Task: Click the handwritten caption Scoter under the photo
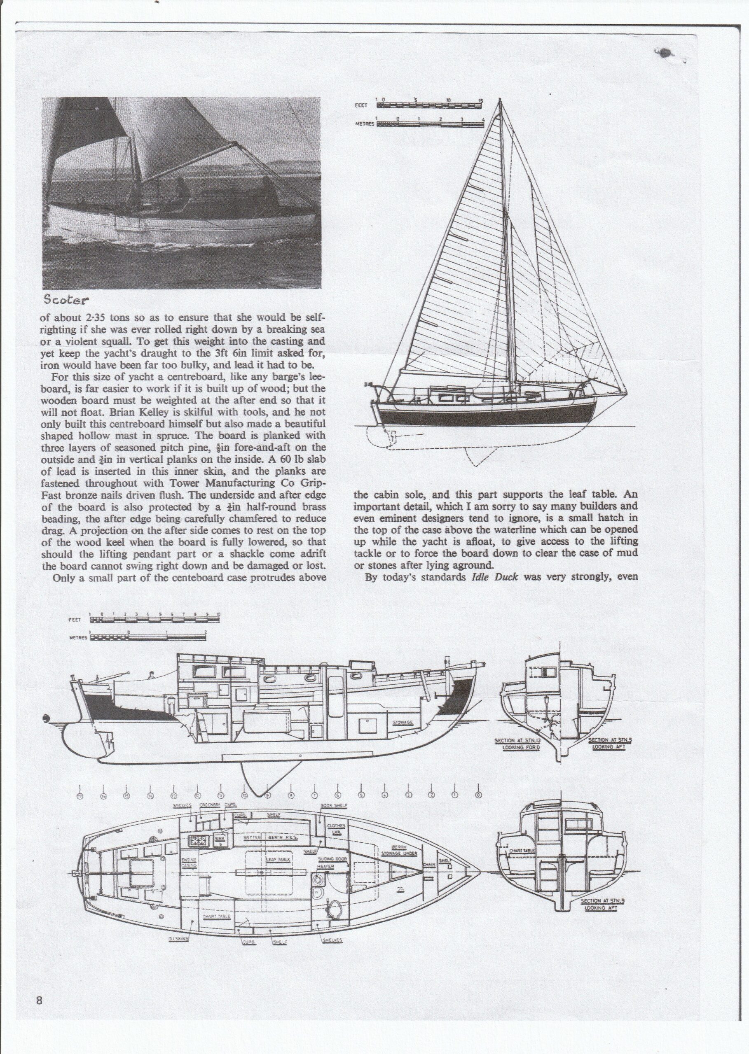point(66,300)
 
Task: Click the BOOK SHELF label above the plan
point(334,806)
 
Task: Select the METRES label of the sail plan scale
point(364,124)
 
